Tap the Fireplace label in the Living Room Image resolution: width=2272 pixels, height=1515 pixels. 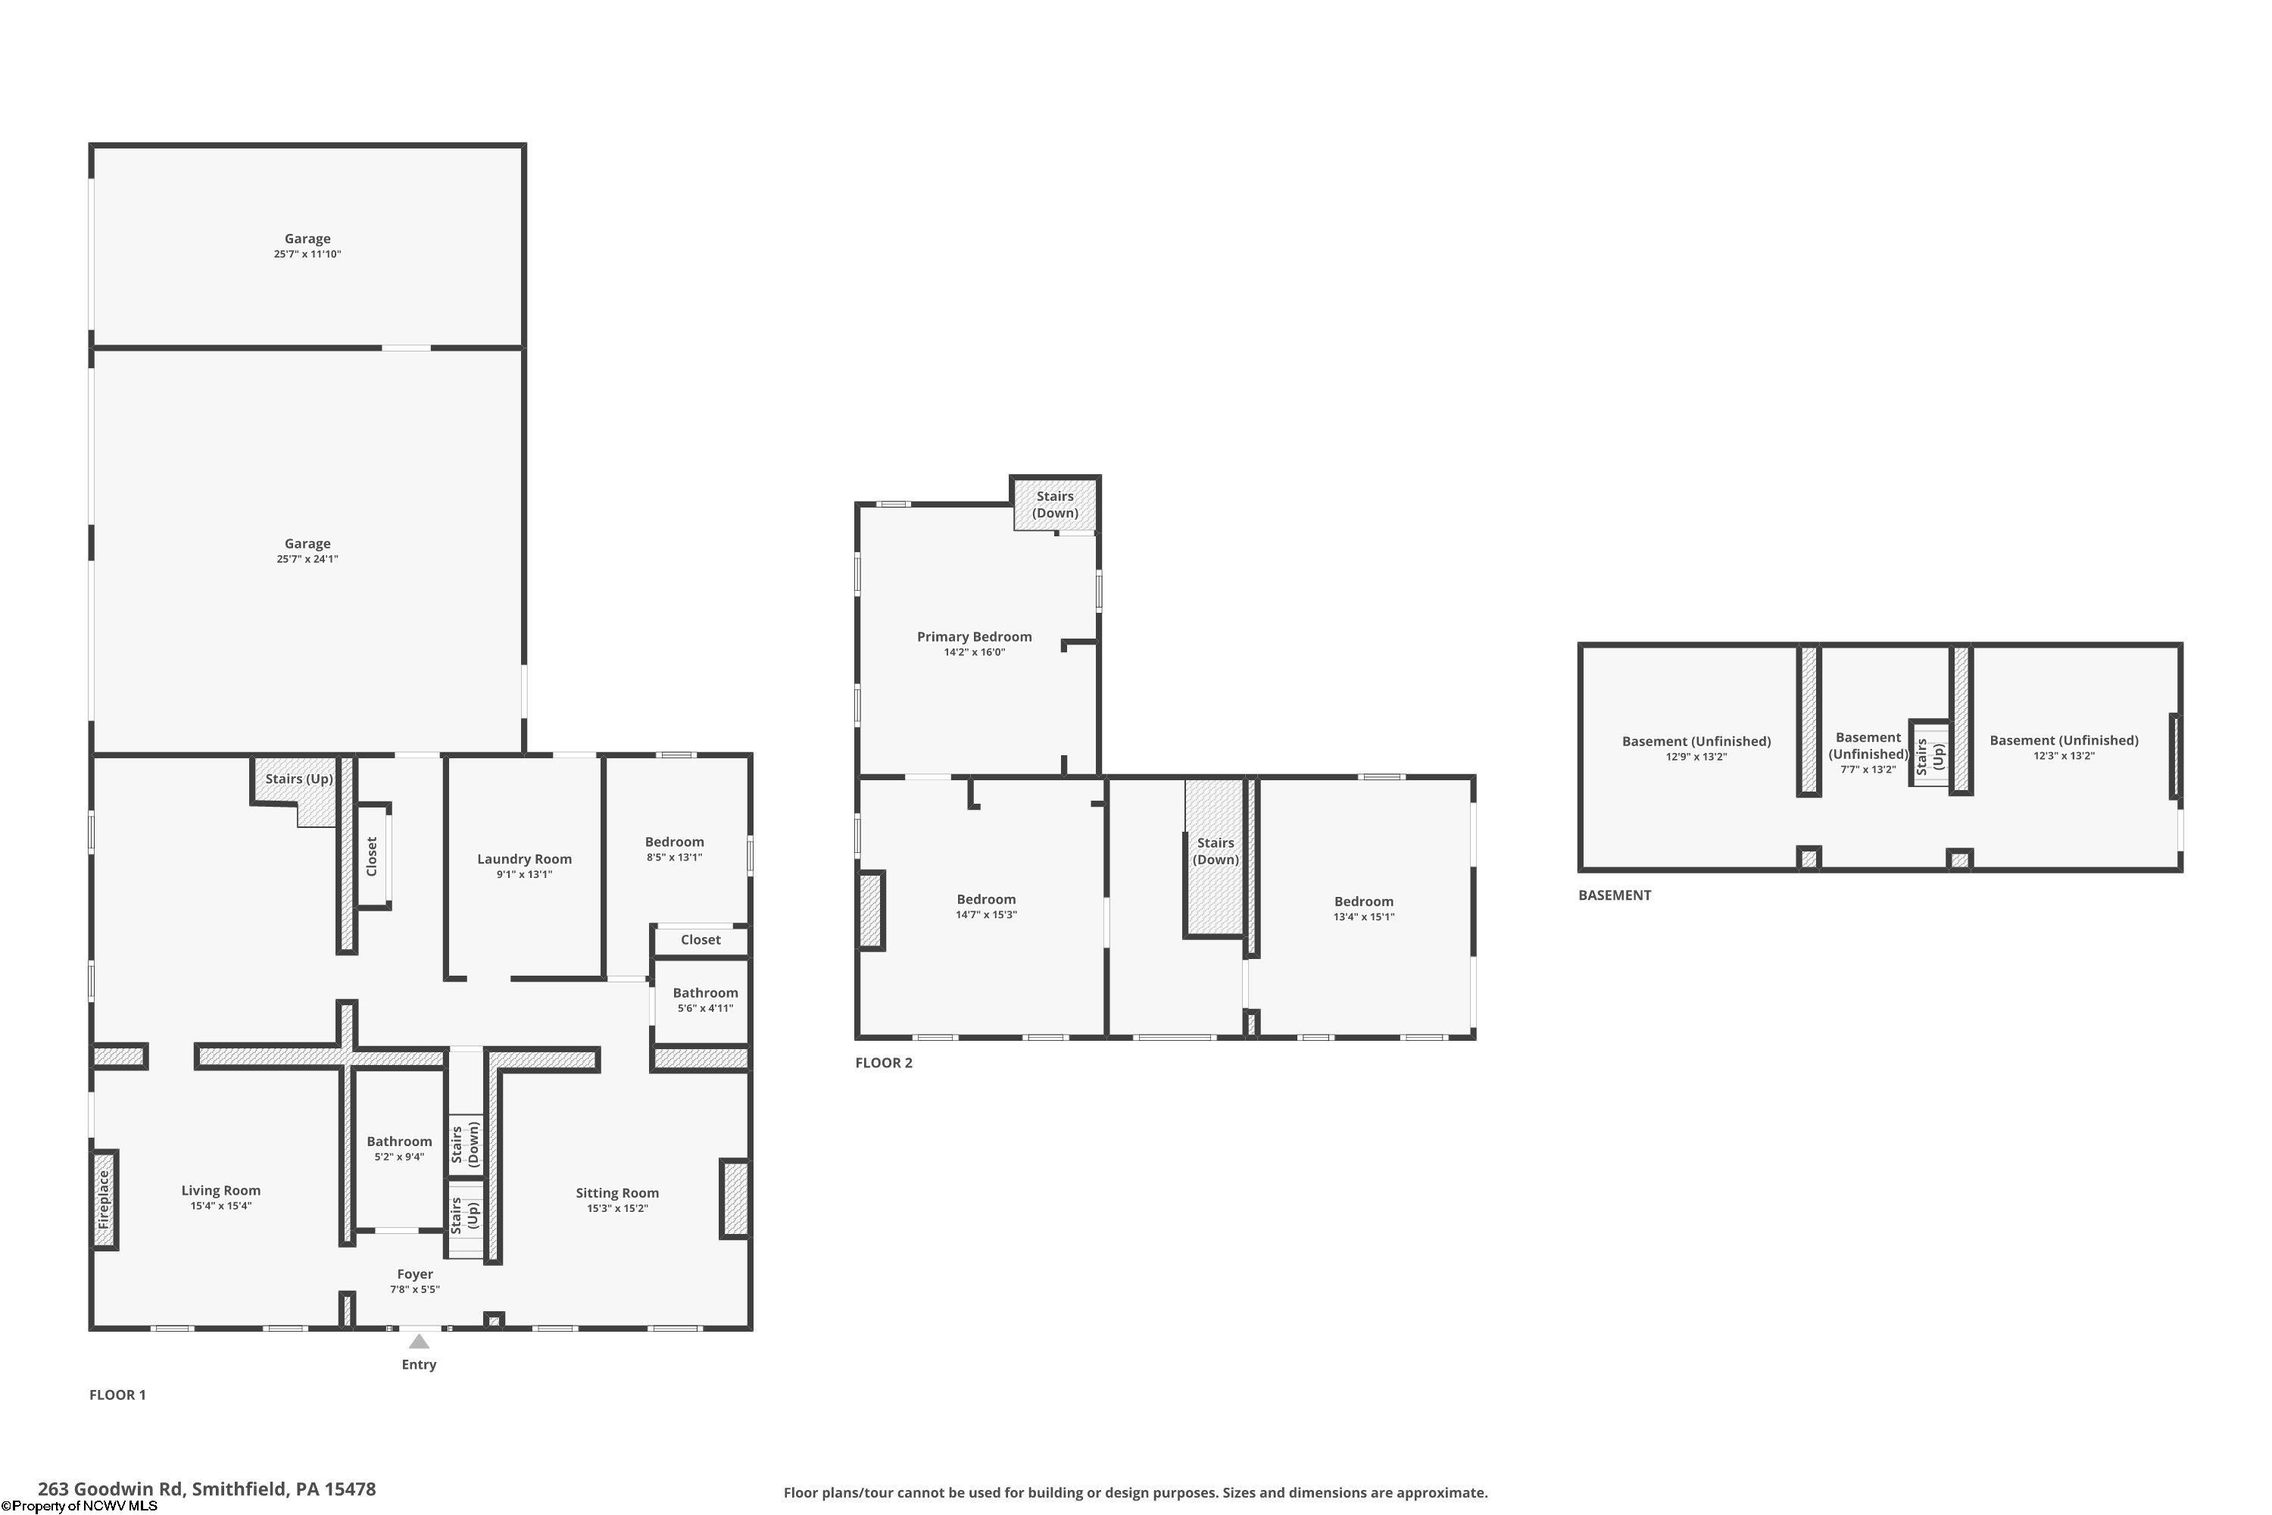tap(103, 1199)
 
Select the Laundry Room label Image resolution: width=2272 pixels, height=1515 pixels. tap(525, 859)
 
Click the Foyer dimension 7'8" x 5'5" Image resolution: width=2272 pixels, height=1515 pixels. tap(415, 1289)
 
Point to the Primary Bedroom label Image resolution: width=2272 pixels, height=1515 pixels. tap(974, 637)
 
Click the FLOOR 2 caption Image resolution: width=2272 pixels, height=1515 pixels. tap(884, 1063)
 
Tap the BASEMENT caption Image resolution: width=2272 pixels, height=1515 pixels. tap(1615, 895)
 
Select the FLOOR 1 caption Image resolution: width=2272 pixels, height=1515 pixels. tap(118, 1395)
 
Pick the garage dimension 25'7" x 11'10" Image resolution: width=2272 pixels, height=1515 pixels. tap(307, 254)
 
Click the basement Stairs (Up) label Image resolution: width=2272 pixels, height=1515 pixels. tap(1930, 755)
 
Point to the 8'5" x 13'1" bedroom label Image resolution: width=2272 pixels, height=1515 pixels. tap(674, 857)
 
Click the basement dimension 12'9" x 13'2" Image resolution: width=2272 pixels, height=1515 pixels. tap(1696, 757)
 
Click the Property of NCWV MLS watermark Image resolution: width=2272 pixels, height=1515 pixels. tap(80, 1505)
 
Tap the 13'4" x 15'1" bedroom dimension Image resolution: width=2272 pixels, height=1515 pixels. tap(1364, 917)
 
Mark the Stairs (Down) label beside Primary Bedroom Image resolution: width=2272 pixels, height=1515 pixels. tap(1055, 504)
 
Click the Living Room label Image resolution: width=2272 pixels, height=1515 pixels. tap(221, 1190)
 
